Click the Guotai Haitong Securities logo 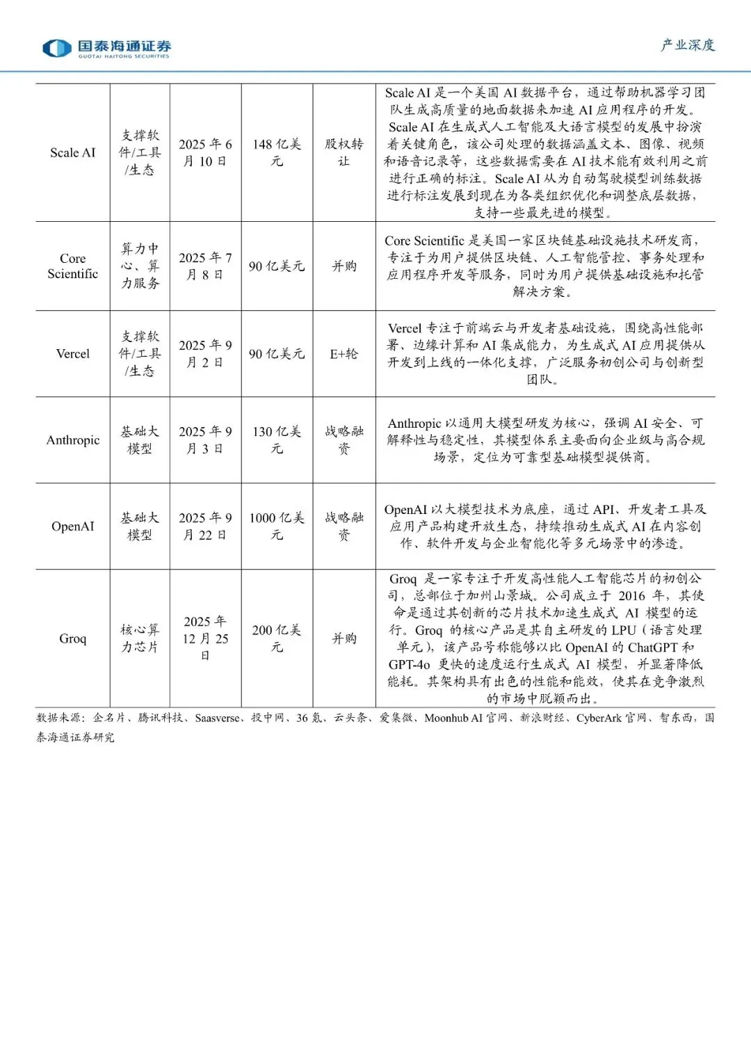pos(106,48)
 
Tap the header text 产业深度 pos(687,45)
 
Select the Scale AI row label pos(72,152)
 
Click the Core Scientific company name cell pos(72,266)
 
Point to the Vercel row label pos(72,353)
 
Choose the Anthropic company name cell pos(72,440)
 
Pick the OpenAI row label pos(72,526)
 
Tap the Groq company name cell pos(72,638)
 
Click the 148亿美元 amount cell pos(277,152)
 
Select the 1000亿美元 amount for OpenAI pos(277,526)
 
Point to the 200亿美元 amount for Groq pos(277,638)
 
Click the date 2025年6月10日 pos(205,152)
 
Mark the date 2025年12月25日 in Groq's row pos(205,638)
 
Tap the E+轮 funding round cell pos(344,353)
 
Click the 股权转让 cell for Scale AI pos(344,152)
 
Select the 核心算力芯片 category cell pos(140,638)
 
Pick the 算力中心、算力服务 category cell pos(140,266)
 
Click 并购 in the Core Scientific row pos(344,266)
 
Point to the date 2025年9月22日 pos(205,526)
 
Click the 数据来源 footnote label pos(60,718)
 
